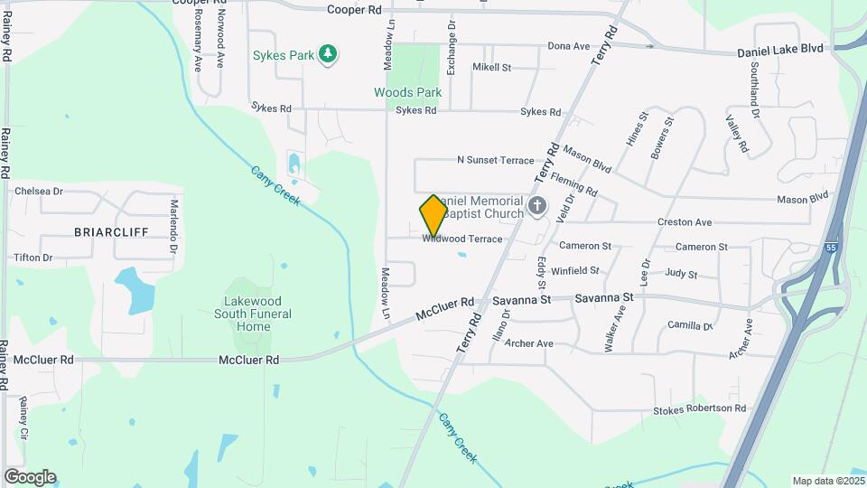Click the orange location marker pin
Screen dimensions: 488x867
click(433, 215)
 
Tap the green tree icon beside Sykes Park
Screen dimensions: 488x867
click(329, 55)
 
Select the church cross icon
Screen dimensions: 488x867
click(537, 206)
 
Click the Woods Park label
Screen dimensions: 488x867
click(408, 92)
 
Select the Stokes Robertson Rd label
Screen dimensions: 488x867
click(700, 409)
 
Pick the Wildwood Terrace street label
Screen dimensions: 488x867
click(461, 239)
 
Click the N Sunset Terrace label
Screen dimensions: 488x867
click(496, 160)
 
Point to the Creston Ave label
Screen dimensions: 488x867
click(685, 222)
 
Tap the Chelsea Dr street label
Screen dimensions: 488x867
click(39, 192)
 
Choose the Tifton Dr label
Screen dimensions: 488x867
click(33, 258)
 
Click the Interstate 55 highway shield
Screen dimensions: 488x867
click(830, 246)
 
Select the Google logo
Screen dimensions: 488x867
click(30, 476)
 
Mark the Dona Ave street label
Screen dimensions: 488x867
click(569, 46)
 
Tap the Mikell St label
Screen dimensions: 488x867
click(491, 68)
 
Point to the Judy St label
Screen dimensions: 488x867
click(681, 274)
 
